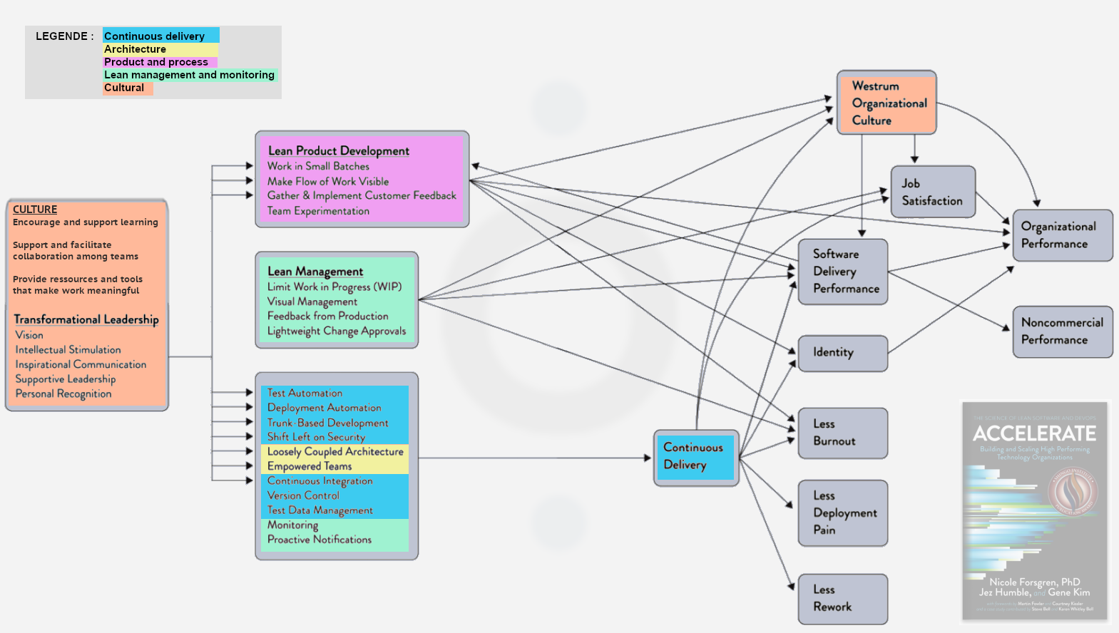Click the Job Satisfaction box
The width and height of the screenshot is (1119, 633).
[932, 192]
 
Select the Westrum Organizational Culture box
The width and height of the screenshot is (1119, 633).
[886, 103]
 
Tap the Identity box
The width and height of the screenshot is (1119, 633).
[842, 353]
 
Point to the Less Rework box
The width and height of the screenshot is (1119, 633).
[842, 599]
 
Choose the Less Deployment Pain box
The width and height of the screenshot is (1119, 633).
[842, 513]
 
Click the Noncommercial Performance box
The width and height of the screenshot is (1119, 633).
[1062, 331]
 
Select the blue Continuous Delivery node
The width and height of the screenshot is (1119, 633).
[695, 457]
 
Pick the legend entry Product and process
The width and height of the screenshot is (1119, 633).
[156, 62]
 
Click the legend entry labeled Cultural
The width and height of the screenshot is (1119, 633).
[124, 88]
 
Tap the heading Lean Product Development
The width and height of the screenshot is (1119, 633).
[339, 150]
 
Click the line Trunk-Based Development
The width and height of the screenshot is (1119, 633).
[327, 423]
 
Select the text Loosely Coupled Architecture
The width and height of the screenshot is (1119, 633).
[335, 452]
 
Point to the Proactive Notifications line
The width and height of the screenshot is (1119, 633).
[320, 540]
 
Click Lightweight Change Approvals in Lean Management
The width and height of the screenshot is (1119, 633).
[336, 331]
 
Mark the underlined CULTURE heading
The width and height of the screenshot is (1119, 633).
[35, 209]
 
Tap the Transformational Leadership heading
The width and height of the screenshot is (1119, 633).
[86, 319]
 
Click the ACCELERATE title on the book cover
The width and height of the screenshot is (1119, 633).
[1034, 433]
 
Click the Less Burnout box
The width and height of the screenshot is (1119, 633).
[842, 433]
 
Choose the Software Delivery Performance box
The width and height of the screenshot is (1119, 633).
[842, 272]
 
